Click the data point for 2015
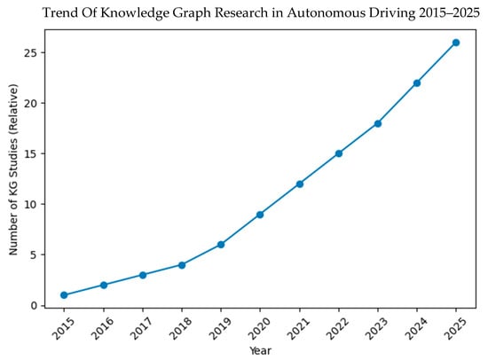64,295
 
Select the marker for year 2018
182,265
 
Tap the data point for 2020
260,215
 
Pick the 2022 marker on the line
339,153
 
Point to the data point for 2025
456,43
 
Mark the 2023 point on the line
377,123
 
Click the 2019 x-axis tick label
220,329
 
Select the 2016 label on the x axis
103,329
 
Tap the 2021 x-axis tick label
299,329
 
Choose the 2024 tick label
416,329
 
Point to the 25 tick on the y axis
30,52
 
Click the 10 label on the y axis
30,205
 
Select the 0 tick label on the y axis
34,306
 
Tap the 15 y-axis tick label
30,153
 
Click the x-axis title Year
260,351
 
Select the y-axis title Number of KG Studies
13,169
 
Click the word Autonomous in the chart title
323,12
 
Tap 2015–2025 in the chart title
449,12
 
